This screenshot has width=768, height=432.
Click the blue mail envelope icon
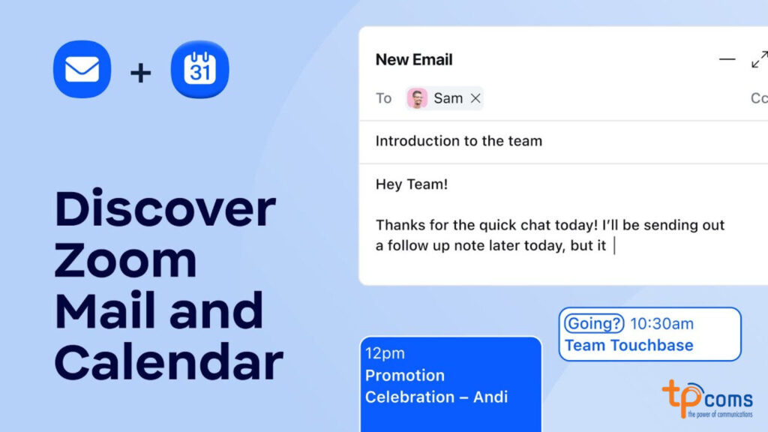(82, 70)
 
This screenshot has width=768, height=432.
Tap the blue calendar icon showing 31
(199, 70)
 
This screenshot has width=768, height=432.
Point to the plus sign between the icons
(140, 72)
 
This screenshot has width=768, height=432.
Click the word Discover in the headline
(165, 209)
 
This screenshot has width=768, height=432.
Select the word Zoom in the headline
(125, 260)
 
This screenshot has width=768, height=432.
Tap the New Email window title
(414, 60)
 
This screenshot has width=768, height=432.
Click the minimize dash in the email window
(727, 59)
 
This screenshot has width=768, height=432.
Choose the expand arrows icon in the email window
(759, 59)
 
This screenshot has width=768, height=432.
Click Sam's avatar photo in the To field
(417, 98)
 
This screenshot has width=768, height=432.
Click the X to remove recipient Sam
(475, 98)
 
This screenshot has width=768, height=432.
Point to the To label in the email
(383, 98)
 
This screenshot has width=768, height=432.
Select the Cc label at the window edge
(758, 98)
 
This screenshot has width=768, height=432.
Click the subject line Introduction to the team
(458, 141)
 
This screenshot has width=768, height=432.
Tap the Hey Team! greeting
(411, 184)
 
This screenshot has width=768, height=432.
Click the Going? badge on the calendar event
(594, 323)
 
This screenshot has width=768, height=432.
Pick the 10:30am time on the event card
(661, 324)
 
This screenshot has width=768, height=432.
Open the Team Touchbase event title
(628, 345)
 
